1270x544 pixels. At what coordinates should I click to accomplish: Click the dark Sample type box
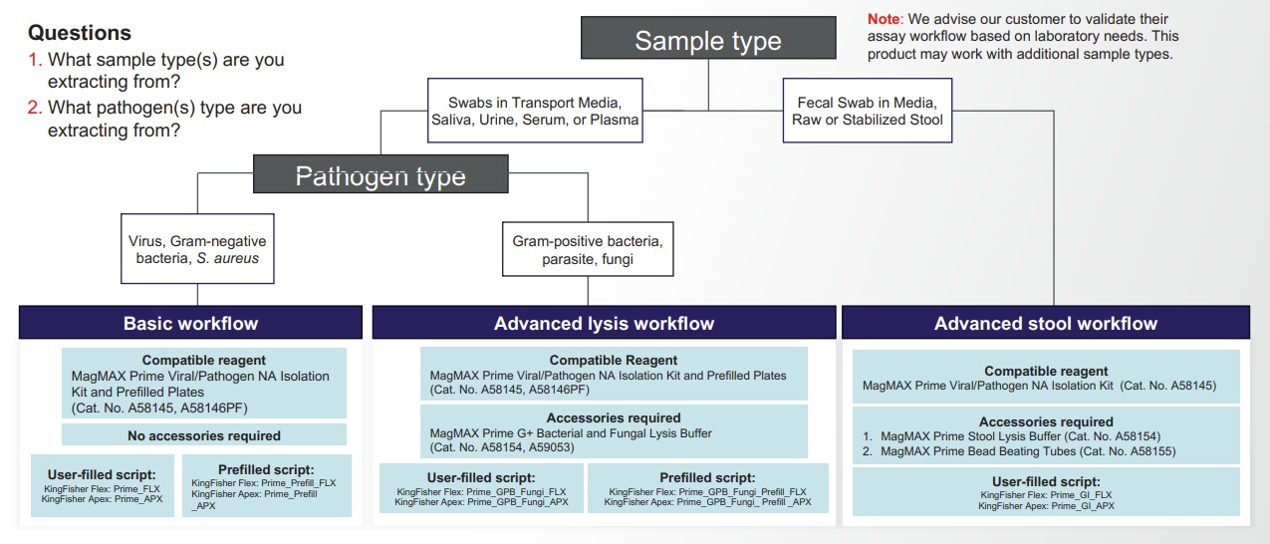pos(708,41)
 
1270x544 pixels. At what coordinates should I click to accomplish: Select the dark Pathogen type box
pos(381,176)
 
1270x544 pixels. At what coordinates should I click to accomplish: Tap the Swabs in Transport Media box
pos(535,111)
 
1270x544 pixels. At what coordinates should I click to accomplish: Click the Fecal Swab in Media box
pos(867,111)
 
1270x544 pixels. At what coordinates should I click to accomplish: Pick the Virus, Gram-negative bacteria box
pos(197,249)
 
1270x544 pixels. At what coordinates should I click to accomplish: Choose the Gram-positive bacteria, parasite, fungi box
pos(587,250)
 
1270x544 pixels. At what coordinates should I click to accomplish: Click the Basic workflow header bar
pos(190,323)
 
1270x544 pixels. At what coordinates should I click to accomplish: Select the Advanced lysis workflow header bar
pos(604,323)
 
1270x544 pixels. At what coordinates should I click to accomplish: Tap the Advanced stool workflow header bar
pos(1045,323)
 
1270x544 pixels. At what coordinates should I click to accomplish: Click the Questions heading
pos(80,33)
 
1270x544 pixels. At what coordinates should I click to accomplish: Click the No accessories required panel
pos(204,435)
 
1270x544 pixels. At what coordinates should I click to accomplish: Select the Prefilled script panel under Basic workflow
pos(266,486)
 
